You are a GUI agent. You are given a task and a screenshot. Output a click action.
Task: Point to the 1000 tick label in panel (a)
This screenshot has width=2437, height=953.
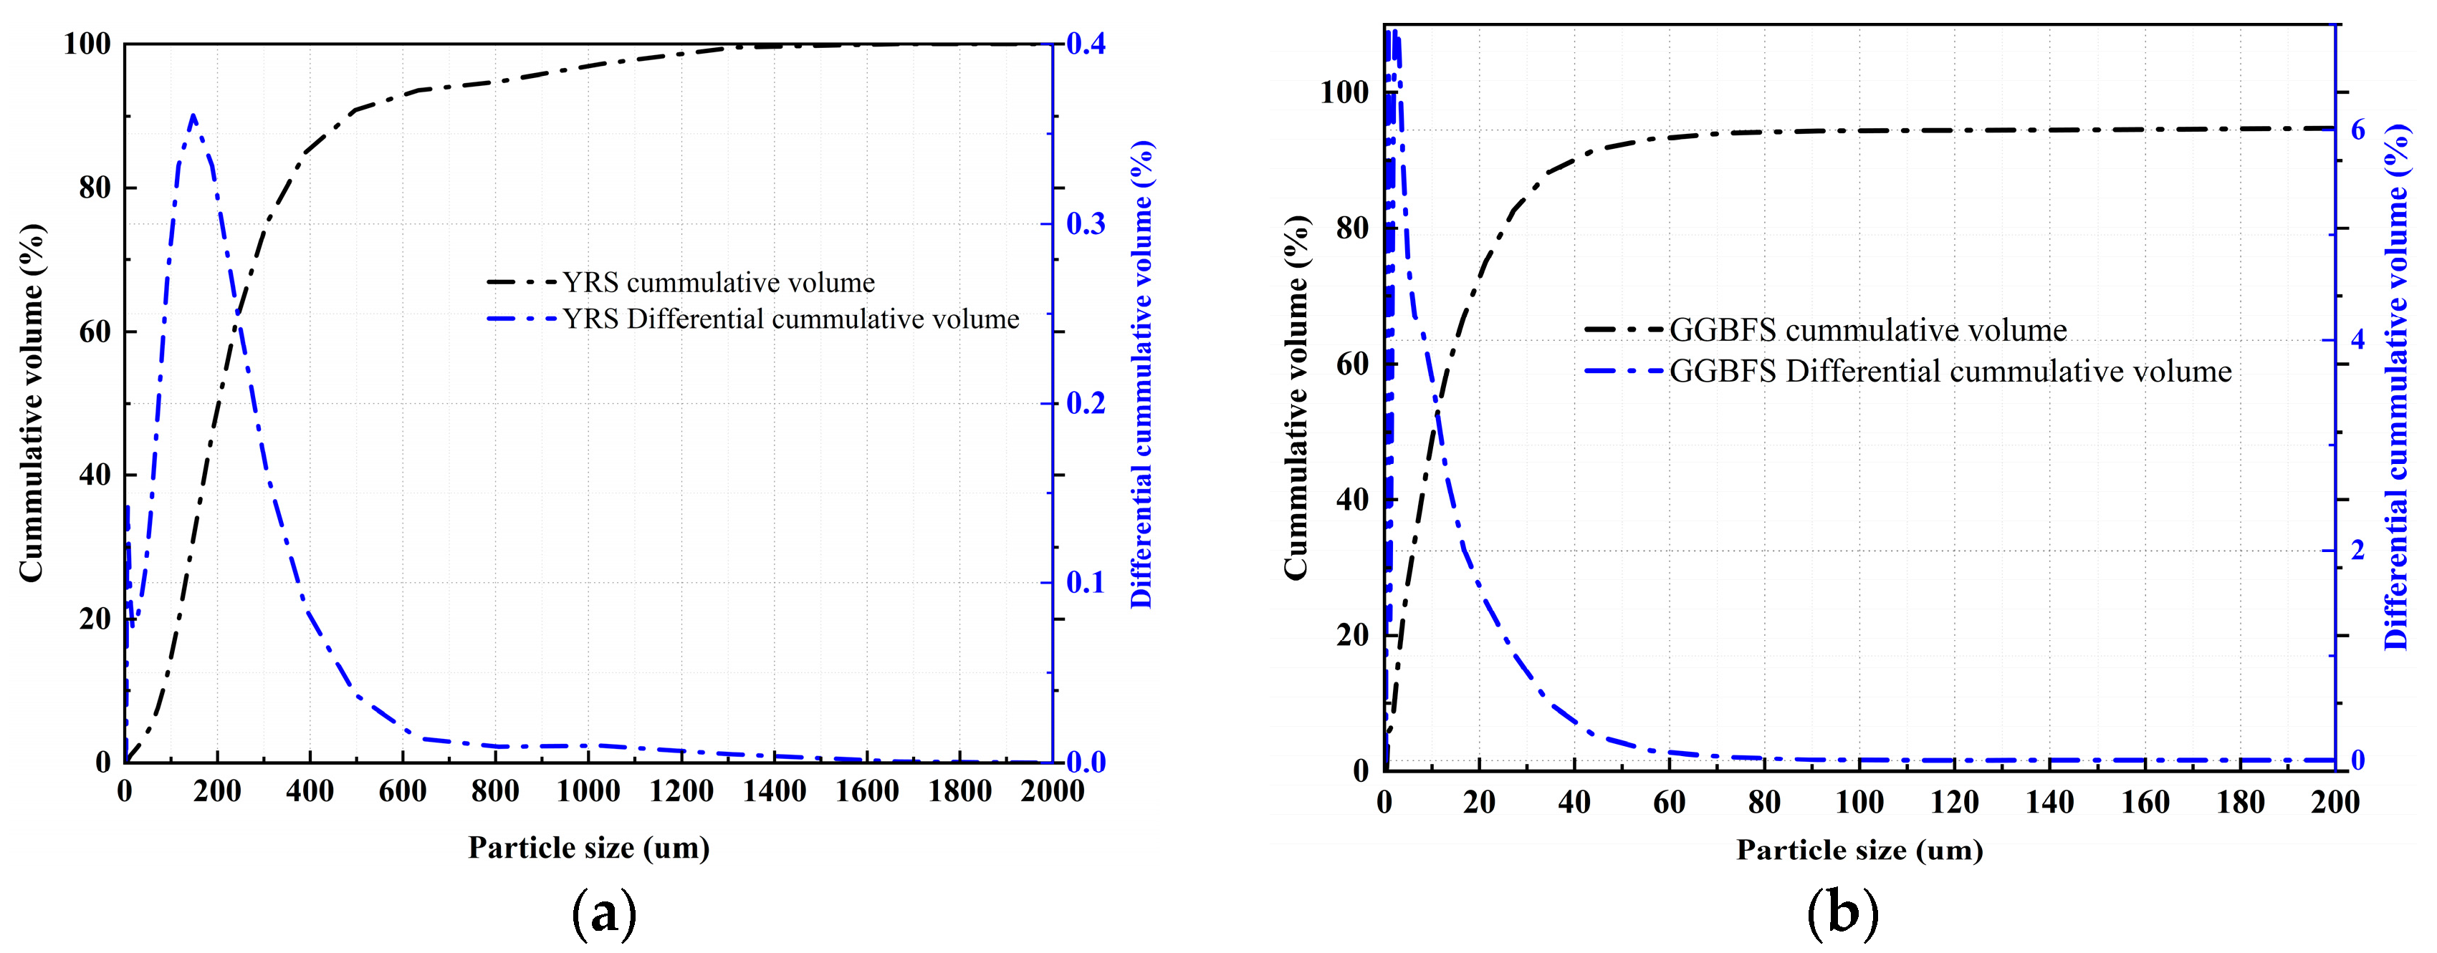pos(588,790)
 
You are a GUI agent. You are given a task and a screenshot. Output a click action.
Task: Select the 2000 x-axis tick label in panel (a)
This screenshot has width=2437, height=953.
pos(1051,790)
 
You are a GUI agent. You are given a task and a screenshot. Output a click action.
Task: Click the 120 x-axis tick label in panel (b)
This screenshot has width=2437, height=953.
pos(1955,802)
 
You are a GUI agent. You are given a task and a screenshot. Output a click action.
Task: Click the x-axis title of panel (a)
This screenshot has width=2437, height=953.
pos(588,847)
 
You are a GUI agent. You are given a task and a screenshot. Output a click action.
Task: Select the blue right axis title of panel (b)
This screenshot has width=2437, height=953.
pos(2395,387)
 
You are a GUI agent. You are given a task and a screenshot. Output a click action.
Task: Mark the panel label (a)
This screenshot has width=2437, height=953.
pos(605,914)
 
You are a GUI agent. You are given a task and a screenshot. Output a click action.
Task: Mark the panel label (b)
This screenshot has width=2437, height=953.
pos(1842,914)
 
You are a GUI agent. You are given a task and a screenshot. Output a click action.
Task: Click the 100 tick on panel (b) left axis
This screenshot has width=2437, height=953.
pos(1344,92)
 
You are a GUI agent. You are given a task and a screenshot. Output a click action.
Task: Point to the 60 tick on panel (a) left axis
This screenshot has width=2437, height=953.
pos(94,332)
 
